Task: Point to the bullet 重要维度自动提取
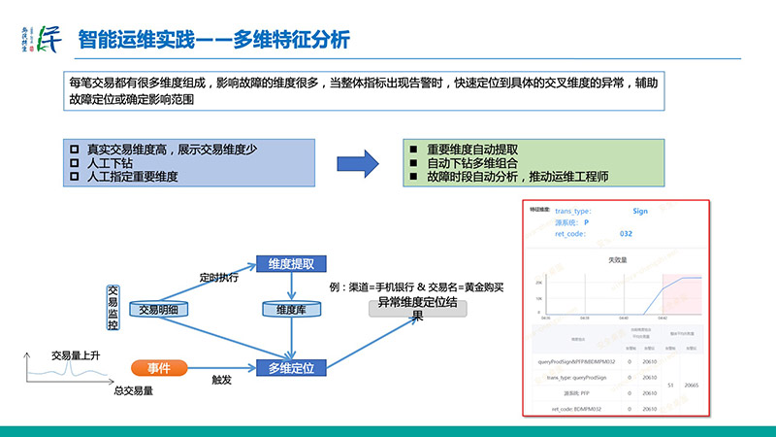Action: click(465, 150)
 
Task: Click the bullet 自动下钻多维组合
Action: click(465, 164)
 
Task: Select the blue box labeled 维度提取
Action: click(290, 264)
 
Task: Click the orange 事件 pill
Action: click(159, 368)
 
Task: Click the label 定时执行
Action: click(218, 277)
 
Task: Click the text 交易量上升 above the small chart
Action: click(76, 354)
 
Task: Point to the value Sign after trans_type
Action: click(639, 210)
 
